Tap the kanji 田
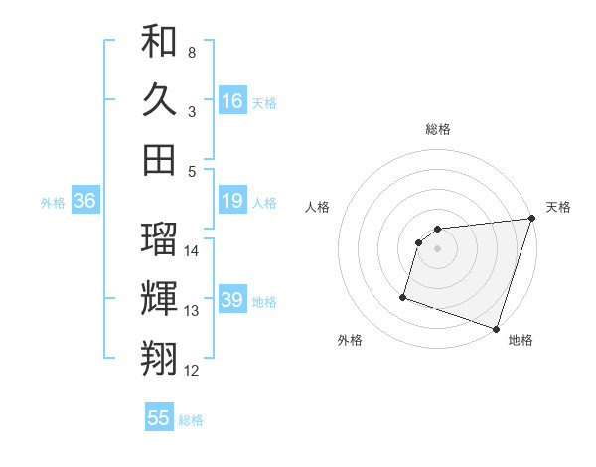click(x=159, y=159)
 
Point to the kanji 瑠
click(x=159, y=238)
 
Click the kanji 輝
click(x=159, y=298)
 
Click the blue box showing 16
click(x=232, y=101)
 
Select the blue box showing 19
click(x=232, y=202)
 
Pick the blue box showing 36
click(x=84, y=202)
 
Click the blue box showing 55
click(x=159, y=418)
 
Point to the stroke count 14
click(x=192, y=251)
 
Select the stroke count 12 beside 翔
click(x=192, y=371)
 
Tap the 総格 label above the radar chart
click(x=437, y=129)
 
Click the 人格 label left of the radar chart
click(x=317, y=207)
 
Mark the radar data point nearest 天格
click(x=531, y=219)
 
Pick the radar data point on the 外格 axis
click(x=403, y=296)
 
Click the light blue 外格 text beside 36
click(x=53, y=203)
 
